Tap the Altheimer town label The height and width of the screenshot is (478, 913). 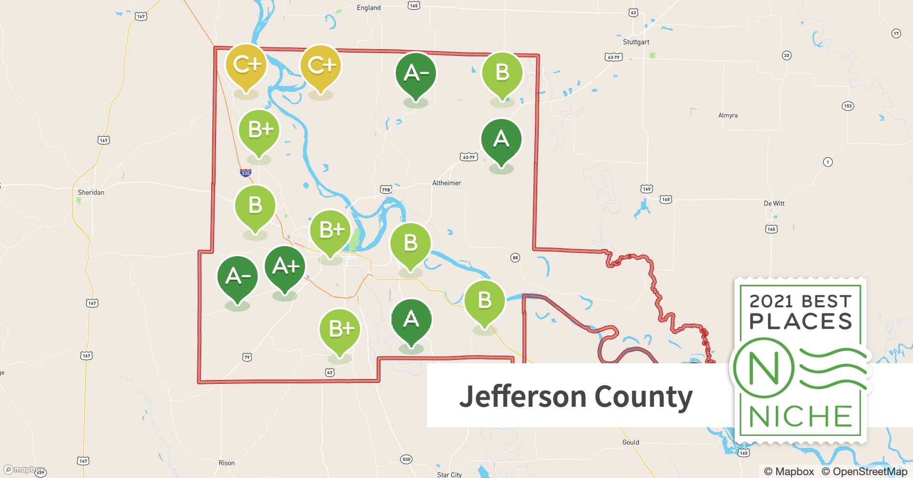pyautogui.click(x=446, y=183)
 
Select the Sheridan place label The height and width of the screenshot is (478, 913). pyautogui.click(x=91, y=193)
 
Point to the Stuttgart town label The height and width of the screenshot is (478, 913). pyautogui.click(x=636, y=42)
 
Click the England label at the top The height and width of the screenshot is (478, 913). pyautogui.click(x=369, y=8)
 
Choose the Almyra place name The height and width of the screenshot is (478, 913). pyautogui.click(x=728, y=115)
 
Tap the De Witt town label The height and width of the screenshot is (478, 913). pyautogui.click(x=774, y=204)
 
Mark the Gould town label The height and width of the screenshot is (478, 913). pyautogui.click(x=630, y=442)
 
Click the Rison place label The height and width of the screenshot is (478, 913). pyautogui.click(x=227, y=463)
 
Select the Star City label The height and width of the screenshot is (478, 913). pyautogui.click(x=449, y=474)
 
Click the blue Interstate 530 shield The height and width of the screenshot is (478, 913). pyautogui.click(x=246, y=173)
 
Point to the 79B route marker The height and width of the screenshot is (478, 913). pyautogui.click(x=386, y=189)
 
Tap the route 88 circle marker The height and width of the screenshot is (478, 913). pyautogui.click(x=515, y=258)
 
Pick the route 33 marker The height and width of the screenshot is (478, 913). pyautogui.click(x=786, y=55)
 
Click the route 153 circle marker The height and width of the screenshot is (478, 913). pyautogui.click(x=848, y=106)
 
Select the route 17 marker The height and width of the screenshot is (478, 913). pyautogui.click(x=896, y=33)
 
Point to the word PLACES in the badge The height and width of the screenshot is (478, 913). pyautogui.click(x=801, y=321)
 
